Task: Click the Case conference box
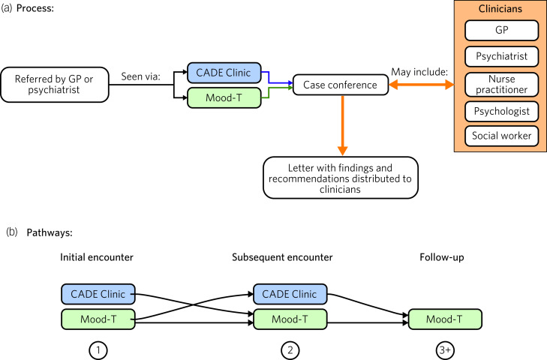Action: [x=340, y=85]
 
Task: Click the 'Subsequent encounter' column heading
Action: [x=290, y=257]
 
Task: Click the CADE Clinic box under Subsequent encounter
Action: [x=290, y=293]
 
